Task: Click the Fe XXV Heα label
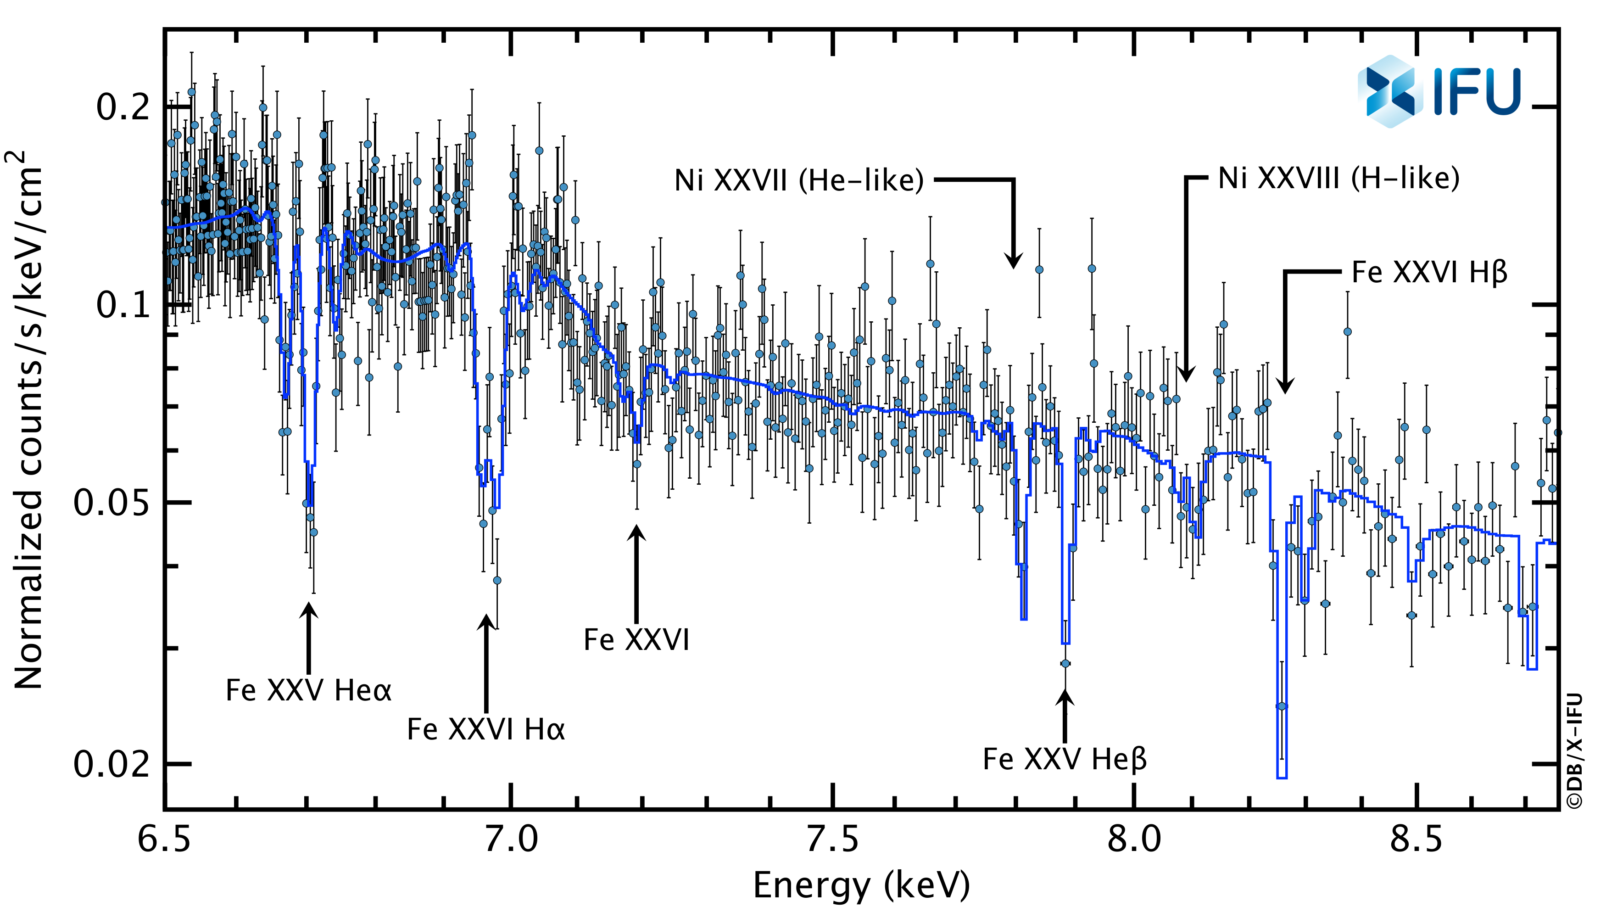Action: (x=308, y=690)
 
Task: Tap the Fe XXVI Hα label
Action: (x=486, y=729)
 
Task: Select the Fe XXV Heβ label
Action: (x=1065, y=759)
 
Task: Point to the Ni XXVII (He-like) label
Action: (x=798, y=181)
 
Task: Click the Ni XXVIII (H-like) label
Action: (x=1339, y=179)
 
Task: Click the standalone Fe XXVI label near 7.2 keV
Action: (x=636, y=640)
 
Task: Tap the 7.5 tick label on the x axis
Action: (x=833, y=840)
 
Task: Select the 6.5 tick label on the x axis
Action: (x=164, y=840)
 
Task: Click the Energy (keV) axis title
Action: (x=861, y=885)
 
